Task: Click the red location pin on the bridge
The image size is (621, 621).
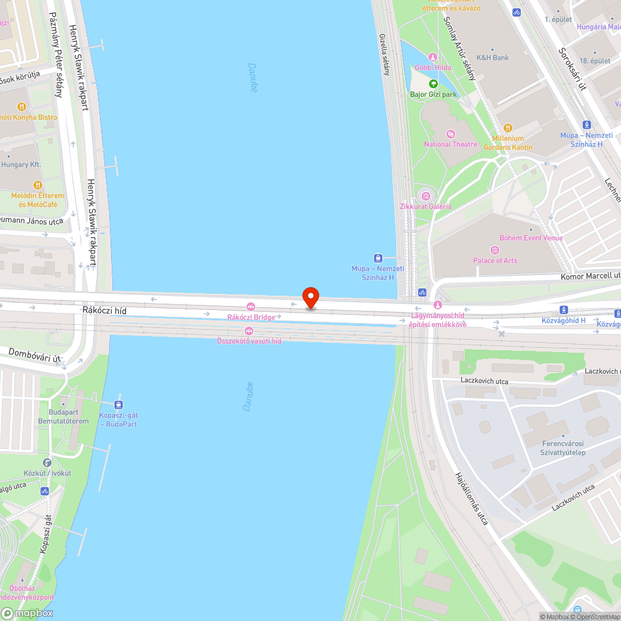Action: [310, 297]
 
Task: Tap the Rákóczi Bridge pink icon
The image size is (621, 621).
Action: [251, 307]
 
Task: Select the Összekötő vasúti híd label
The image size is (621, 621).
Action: [248, 341]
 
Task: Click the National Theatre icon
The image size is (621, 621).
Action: [451, 134]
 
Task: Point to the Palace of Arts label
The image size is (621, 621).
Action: [495, 260]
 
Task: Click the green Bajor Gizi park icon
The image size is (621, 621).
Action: [433, 84]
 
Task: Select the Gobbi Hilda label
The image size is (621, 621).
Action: [433, 67]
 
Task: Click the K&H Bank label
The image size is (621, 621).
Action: [492, 58]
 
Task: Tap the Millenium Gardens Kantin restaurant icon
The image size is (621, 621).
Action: [507, 128]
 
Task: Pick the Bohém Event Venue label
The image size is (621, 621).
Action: [531, 238]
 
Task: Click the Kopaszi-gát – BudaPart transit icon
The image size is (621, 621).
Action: [118, 404]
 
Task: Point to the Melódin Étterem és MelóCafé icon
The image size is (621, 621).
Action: [37, 184]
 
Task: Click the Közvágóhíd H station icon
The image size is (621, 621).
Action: [563, 309]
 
